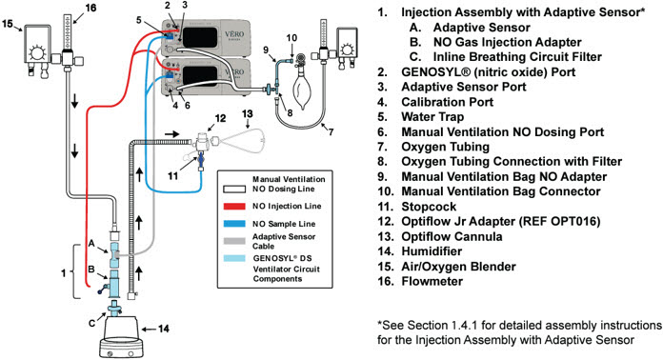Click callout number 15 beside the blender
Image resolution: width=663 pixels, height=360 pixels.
[x=7, y=23]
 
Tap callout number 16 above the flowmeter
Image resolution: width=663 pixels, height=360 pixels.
[x=90, y=8]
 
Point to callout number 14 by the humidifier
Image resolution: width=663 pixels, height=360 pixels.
[x=164, y=329]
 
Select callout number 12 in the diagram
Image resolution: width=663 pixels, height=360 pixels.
[x=220, y=118]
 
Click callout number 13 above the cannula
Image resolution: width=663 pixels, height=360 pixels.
[x=248, y=113]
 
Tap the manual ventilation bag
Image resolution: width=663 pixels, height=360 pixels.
[x=301, y=90]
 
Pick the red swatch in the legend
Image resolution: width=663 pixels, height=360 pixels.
[x=234, y=207]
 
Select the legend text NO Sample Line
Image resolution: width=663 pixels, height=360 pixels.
[x=284, y=224]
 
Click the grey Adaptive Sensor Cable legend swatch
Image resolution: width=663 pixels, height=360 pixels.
[x=234, y=241]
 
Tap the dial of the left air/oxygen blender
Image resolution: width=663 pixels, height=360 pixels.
[x=37, y=53]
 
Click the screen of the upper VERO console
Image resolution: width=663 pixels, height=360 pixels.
[x=200, y=37]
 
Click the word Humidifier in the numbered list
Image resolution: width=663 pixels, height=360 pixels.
[x=432, y=251]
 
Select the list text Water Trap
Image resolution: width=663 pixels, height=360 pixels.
[x=432, y=116]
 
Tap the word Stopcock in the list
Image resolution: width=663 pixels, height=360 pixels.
[x=429, y=207]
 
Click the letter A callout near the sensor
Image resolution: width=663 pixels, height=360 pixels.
[x=91, y=244]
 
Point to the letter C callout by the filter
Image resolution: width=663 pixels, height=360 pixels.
[x=91, y=323]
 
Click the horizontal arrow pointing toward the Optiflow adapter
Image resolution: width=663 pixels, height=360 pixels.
[x=171, y=134]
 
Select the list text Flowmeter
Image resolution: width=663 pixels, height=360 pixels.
[x=432, y=281]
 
